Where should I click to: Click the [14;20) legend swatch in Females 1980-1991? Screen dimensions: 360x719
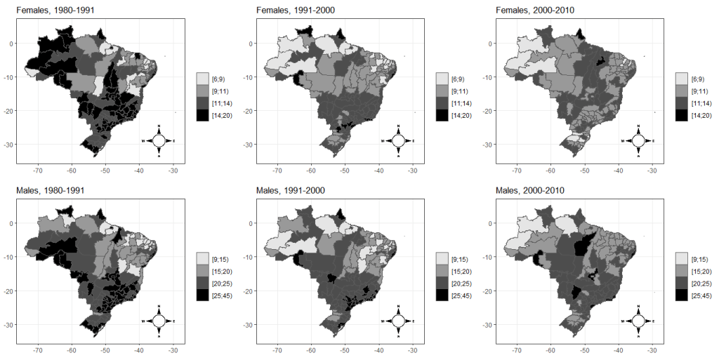202,114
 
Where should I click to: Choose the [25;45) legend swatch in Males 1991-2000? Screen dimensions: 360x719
442,295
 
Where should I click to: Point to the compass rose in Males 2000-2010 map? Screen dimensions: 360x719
638,321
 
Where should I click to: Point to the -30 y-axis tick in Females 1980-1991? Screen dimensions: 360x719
9,145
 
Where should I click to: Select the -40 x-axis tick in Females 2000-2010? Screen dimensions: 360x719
619,170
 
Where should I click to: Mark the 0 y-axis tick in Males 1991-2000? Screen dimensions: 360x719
251,223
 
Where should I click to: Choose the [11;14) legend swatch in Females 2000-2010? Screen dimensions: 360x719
681,102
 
